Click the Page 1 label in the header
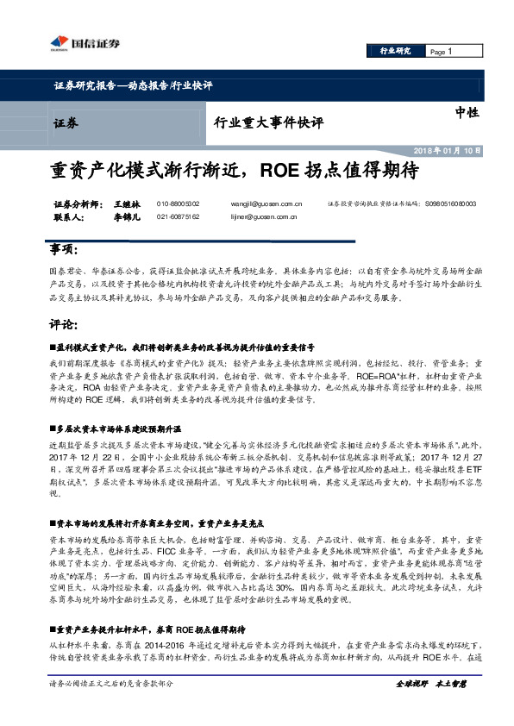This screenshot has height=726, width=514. point(442,52)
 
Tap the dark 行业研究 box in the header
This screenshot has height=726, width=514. point(395,52)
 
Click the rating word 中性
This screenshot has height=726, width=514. point(467,112)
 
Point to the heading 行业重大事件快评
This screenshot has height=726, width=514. point(268,122)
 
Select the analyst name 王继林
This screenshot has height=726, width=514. point(125,203)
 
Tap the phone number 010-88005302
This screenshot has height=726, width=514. point(178,203)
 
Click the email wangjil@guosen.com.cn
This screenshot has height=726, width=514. point(266,203)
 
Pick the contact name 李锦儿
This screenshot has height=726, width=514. point(125,218)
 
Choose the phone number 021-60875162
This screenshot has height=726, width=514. point(178,218)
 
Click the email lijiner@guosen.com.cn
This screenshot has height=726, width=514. point(266,218)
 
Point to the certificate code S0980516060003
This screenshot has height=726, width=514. point(450,203)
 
